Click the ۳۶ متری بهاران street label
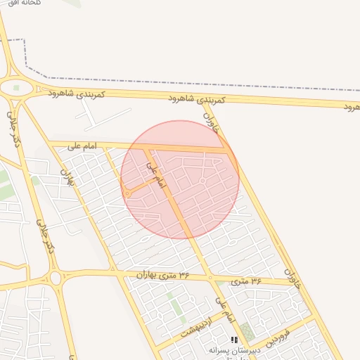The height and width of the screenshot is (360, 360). [x=165, y=274]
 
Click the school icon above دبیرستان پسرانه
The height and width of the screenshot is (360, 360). [x=234, y=340]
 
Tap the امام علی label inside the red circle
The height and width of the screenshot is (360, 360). [x=155, y=175]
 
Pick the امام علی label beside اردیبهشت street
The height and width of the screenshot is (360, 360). [x=224, y=311]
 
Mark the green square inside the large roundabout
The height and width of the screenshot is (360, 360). [x=17, y=88]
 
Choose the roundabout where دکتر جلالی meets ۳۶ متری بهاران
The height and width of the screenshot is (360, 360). [x=55, y=278]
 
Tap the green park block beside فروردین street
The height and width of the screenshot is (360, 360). [x=246, y=332]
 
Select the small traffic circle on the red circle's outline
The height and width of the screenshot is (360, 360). [x=127, y=193]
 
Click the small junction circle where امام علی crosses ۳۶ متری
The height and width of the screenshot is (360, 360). [x=210, y=278]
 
